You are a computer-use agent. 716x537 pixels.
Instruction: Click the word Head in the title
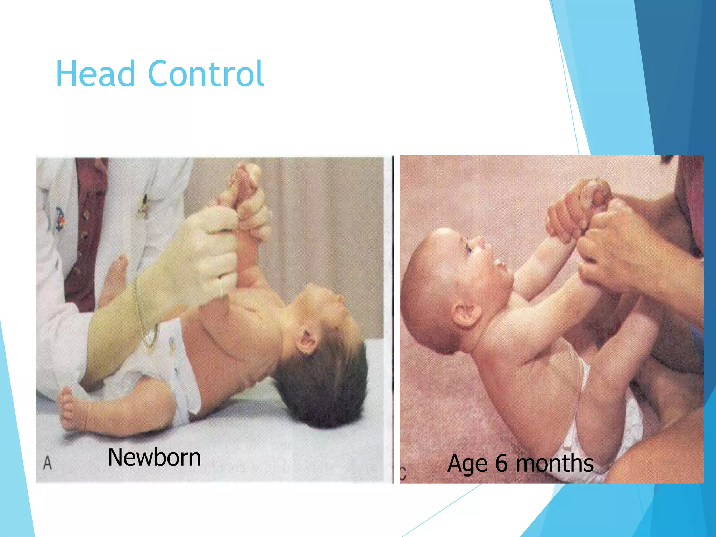coord(95,74)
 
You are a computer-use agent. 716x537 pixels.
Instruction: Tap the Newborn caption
coord(154,457)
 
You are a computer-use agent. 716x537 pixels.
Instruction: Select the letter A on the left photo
coord(48,463)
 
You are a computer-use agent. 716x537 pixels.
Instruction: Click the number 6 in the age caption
coord(501,463)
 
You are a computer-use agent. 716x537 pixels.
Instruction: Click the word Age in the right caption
coord(467,464)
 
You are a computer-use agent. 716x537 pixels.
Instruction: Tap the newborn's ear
coord(307,342)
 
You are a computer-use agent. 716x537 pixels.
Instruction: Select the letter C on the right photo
coord(402,474)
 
